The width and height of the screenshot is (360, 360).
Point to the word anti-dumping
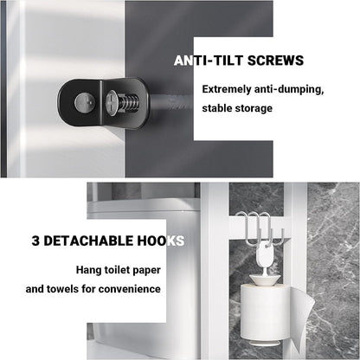pyautogui.click(x=294, y=89)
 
